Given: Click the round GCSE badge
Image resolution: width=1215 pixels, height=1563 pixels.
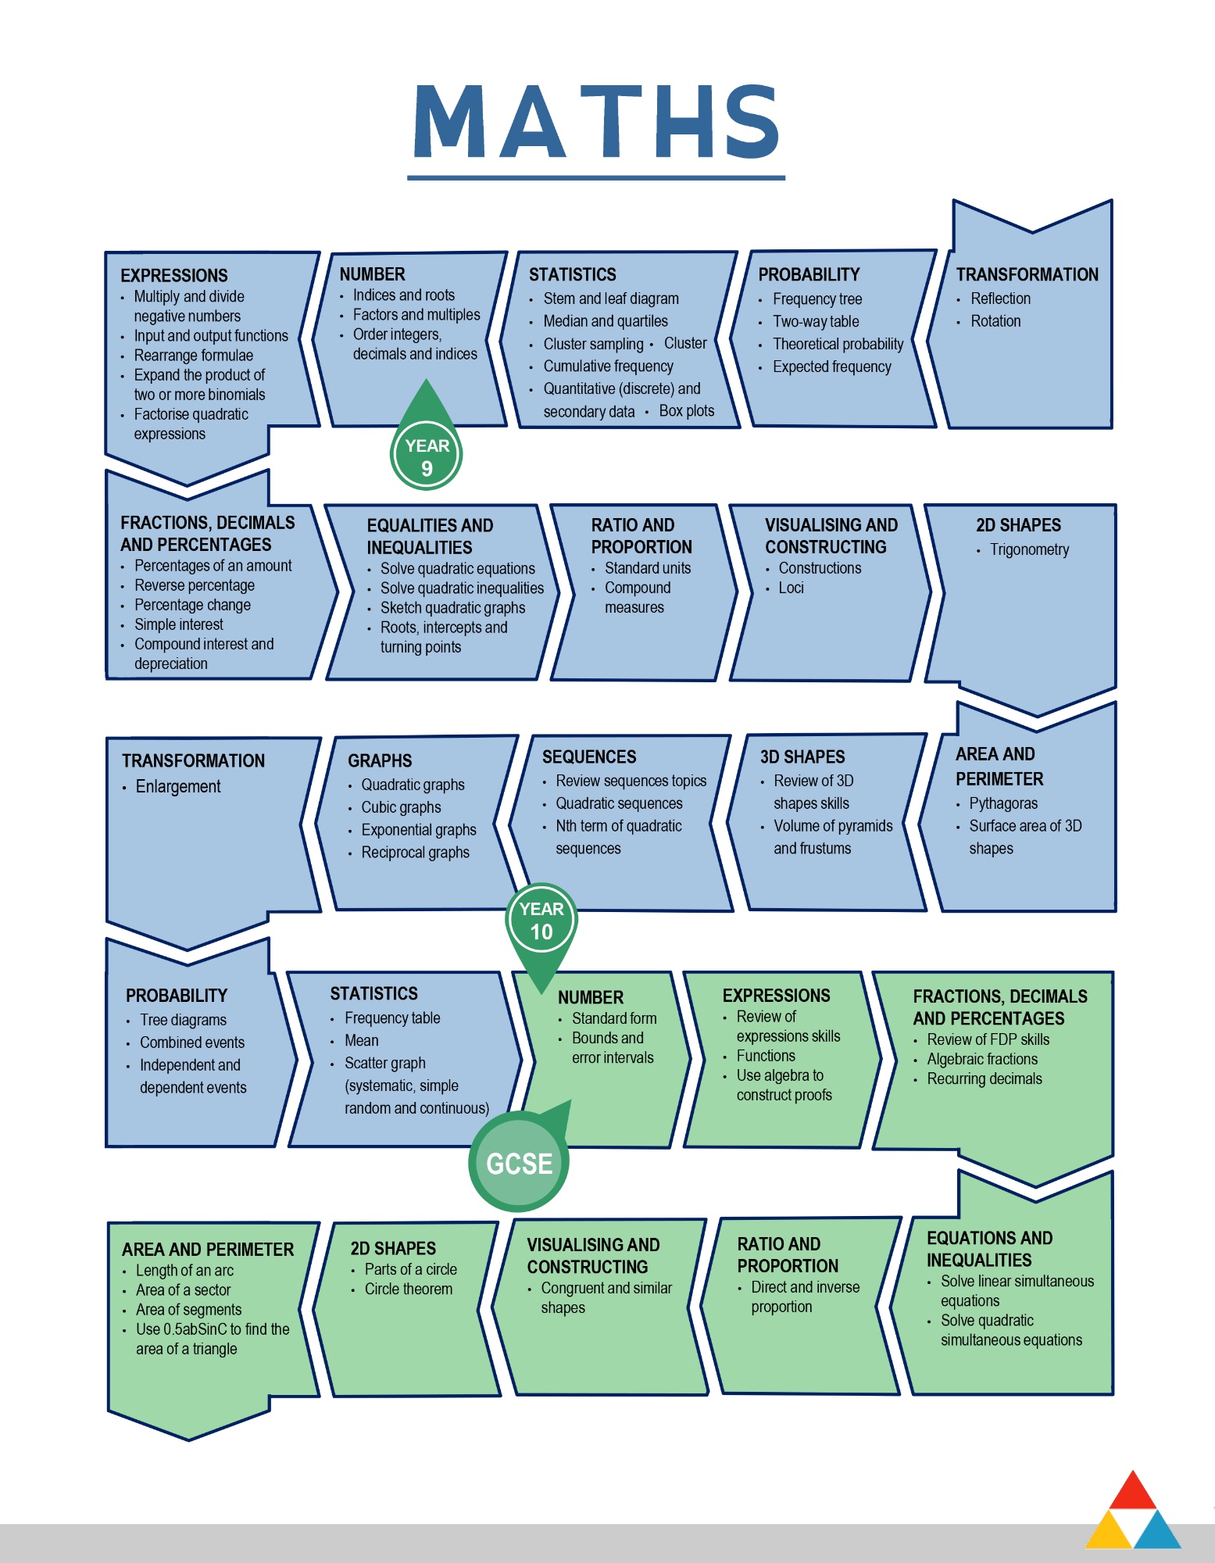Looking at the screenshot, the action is tap(519, 1161).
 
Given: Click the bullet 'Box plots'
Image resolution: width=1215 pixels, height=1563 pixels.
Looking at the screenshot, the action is tap(687, 411).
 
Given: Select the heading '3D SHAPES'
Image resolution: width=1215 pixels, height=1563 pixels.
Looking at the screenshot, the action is tap(802, 756).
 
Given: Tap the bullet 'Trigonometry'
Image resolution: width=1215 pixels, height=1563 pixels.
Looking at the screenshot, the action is tap(1029, 549).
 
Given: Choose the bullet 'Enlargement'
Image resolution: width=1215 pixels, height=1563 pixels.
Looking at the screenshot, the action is tap(178, 786).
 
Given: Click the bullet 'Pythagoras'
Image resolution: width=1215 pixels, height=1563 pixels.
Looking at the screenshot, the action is tap(1003, 803).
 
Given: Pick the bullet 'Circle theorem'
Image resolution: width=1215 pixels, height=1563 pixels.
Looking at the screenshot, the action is tap(409, 1289).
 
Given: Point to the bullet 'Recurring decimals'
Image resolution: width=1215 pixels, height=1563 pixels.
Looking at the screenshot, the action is tap(985, 1078).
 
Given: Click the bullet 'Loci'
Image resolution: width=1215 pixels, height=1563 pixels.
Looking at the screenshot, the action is tap(791, 588).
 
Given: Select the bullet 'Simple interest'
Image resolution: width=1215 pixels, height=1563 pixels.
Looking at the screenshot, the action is tap(179, 624).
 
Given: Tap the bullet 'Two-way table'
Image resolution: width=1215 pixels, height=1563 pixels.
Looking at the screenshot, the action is tap(816, 321).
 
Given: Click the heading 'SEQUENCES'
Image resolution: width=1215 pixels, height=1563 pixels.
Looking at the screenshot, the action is tap(589, 756).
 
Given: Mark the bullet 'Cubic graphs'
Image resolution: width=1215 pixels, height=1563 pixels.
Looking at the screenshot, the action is tap(401, 807).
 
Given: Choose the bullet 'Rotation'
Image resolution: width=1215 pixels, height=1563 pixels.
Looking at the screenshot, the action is tap(995, 321).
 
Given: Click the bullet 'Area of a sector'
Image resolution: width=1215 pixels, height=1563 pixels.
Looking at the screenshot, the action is tap(184, 1289).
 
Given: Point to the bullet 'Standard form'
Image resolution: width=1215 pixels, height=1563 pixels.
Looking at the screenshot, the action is tap(614, 1018).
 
